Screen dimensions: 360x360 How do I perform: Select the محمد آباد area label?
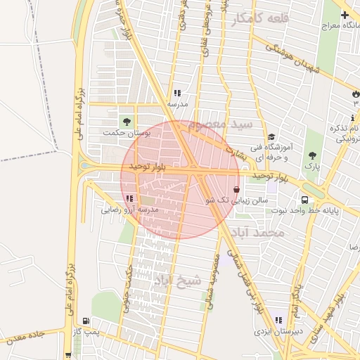point(261,232)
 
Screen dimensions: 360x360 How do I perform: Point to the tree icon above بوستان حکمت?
point(127,122)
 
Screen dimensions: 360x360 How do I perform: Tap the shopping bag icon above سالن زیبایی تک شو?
point(235,189)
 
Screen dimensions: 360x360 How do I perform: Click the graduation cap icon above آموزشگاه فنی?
point(271,137)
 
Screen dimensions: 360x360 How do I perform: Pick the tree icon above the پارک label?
point(311,156)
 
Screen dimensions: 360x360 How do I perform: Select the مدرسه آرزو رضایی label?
point(129,210)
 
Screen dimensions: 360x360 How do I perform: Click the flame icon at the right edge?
point(355,93)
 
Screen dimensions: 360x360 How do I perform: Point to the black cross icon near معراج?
point(345,15)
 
